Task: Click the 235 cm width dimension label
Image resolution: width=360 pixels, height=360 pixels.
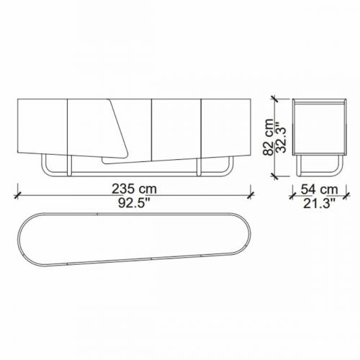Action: pyautogui.click(x=134, y=189)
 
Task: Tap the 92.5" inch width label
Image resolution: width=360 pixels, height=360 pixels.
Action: pyautogui.click(x=134, y=203)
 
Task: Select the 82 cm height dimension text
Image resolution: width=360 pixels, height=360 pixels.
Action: pyautogui.click(x=269, y=138)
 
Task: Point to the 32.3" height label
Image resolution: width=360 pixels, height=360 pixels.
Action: pyautogui.click(x=282, y=138)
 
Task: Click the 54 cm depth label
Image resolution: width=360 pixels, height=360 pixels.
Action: pyautogui.click(x=319, y=189)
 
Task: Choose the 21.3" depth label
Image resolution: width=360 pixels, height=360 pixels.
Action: pyautogui.click(x=319, y=204)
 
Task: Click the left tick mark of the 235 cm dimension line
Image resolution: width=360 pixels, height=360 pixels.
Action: pyautogui.click(x=17, y=195)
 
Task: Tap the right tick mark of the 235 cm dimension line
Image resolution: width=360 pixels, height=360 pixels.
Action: pyautogui.click(x=251, y=195)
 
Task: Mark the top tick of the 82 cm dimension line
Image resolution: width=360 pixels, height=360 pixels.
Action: pyautogui.click(x=275, y=99)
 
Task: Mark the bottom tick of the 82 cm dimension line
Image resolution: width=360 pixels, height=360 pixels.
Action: pyautogui.click(x=275, y=176)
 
